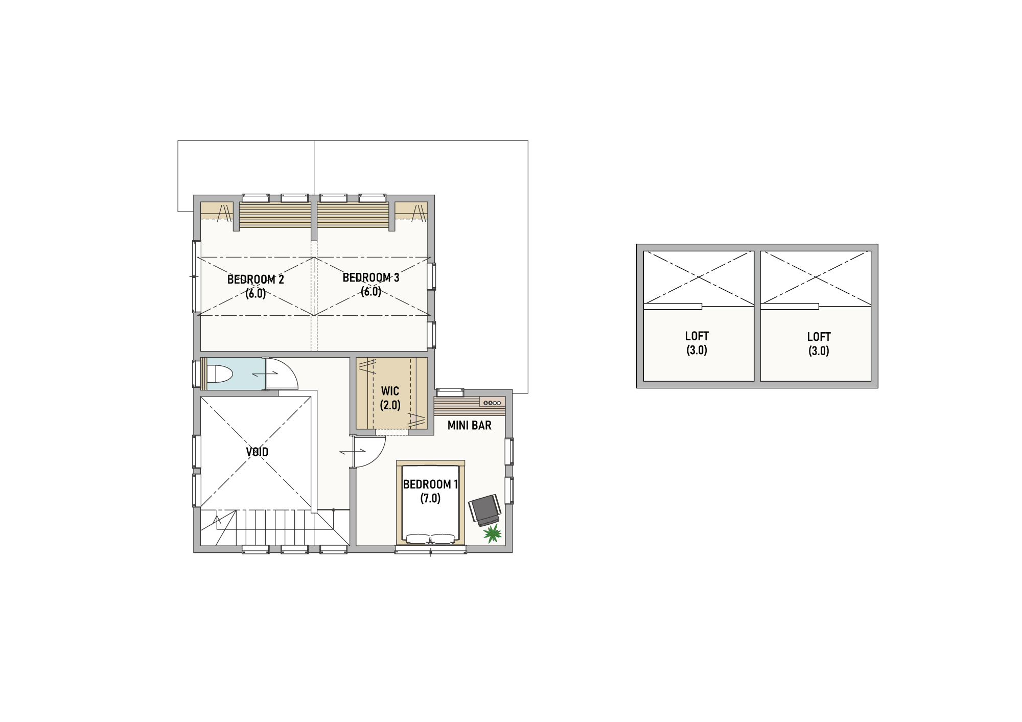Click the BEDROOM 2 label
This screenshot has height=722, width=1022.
[x=255, y=280]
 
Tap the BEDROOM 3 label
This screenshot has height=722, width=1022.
[x=371, y=277]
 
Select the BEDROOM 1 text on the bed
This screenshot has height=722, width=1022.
[x=430, y=484]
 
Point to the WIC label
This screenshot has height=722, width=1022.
[x=390, y=391]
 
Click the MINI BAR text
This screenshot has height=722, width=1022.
[x=470, y=425]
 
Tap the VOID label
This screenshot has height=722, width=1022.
[x=257, y=452]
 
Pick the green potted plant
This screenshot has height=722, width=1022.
[x=493, y=533]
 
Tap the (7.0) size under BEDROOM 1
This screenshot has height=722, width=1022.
[x=430, y=498]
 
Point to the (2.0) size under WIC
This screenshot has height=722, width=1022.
[x=390, y=405]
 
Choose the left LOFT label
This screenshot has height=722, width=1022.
[x=697, y=336]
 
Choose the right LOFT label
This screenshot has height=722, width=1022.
[x=819, y=337]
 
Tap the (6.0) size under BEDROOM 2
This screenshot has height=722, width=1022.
[x=255, y=294]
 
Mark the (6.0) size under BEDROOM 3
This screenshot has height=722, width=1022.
[x=371, y=292]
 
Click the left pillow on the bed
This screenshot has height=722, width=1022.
[x=417, y=538]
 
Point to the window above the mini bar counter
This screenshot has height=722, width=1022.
[x=450, y=392]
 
